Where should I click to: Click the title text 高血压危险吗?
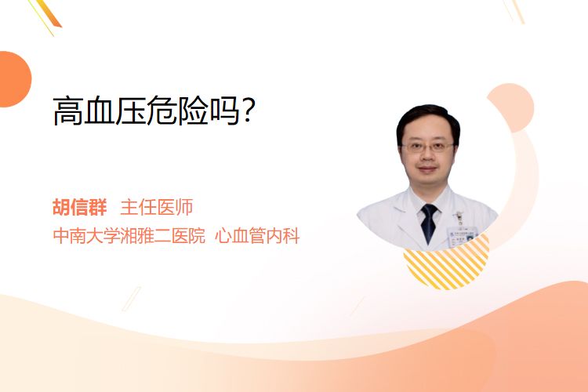click(154, 111)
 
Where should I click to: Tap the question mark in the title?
click(249, 110)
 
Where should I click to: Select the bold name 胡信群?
click(80, 207)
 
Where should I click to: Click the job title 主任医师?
click(156, 207)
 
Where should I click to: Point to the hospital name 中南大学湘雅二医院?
click(129, 236)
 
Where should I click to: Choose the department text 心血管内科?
click(257, 236)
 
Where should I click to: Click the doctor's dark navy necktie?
click(429, 223)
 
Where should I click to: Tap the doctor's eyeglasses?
click(427, 147)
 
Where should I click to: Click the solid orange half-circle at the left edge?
click(14, 79)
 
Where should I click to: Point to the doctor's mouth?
click(427, 169)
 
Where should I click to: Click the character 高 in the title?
click(68, 111)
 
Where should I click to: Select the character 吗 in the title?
click(225, 111)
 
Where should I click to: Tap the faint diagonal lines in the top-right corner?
click(514, 11)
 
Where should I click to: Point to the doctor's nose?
click(427, 157)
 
